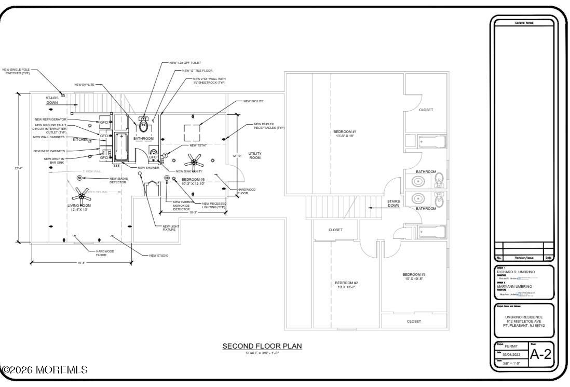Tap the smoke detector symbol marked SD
79,178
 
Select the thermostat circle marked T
165,155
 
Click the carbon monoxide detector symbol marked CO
167,178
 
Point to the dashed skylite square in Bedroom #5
192,133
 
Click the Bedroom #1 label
345,134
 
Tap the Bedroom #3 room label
414,276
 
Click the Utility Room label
255,155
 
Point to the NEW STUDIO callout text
158,256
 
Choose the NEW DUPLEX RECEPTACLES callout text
269,126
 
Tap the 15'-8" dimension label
82,263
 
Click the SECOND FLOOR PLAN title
262,346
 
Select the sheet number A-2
540,354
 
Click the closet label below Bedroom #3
414,322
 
